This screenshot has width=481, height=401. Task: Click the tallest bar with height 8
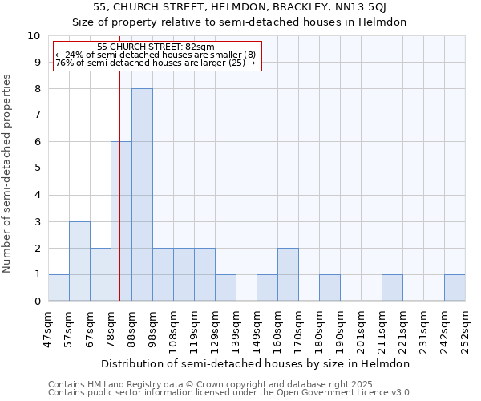click(142, 195)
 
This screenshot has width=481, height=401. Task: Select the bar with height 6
click(121, 221)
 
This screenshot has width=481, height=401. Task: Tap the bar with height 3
click(79, 261)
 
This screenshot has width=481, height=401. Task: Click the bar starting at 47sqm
click(59, 287)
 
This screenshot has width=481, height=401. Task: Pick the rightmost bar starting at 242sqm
click(455, 287)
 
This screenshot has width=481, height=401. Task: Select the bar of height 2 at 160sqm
click(288, 274)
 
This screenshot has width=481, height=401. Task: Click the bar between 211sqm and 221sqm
click(392, 287)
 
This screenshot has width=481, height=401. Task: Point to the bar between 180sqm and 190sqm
click(329, 287)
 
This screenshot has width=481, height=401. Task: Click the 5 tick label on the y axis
click(37, 168)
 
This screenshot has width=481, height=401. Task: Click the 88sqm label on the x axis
click(131, 323)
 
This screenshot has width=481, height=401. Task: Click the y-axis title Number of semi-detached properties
click(8, 173)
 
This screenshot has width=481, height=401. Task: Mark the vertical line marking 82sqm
click(119, 200)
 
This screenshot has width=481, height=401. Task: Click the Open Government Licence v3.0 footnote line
click(229, 393)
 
